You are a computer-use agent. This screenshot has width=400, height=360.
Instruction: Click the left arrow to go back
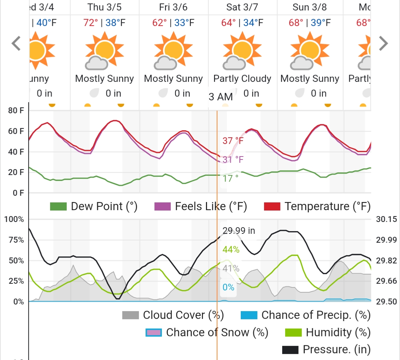tap(16, 43)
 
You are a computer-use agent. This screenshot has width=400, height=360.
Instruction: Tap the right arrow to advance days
tap(383, 43)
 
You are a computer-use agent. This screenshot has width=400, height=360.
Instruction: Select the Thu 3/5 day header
tap(105, 7)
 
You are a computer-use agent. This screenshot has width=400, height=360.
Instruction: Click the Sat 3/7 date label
tap(242, 7)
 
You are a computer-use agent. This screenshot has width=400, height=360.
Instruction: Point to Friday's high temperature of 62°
tap(160, 23)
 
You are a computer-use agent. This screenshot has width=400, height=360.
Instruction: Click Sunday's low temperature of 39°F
tap(321, 23)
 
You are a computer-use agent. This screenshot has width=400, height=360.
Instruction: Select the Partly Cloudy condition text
tap(242, 79)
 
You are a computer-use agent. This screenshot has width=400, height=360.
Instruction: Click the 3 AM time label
tap(221, 97)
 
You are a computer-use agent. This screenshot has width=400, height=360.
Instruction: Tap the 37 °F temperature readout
tap(233, 141)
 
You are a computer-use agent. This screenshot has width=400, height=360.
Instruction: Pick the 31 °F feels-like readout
tap(233, 159)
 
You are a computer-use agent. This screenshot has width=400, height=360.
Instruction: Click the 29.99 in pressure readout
tap(239, 231)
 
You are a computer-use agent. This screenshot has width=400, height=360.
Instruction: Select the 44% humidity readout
tap(231, 250)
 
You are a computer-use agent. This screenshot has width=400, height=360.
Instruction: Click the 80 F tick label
tap(16, 110)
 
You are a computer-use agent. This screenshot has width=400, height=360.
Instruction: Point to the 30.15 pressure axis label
tap(386, 219)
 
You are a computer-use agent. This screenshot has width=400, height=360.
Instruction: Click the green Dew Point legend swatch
tap(58, 206)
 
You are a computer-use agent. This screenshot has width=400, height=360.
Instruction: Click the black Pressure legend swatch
tap(290, 350)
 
